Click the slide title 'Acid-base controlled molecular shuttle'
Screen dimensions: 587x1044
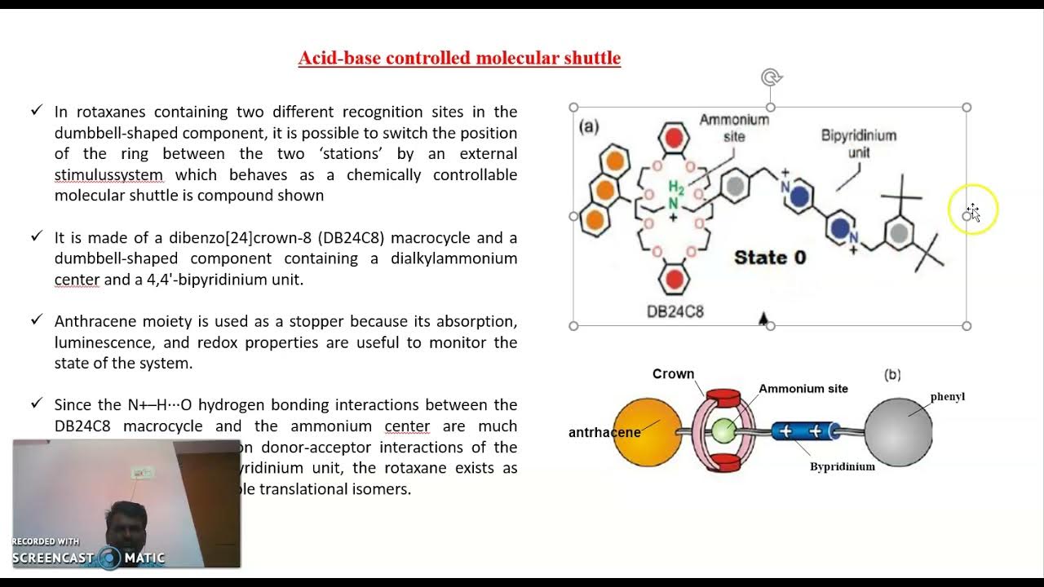[459, 58]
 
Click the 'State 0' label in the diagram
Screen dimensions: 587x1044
[769, 258]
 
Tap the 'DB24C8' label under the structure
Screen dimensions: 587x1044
[675, 311]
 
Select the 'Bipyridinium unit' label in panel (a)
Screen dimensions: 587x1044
[858, 143]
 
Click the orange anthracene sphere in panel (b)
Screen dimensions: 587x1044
[647, 431]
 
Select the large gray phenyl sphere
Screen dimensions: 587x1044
[898, 432]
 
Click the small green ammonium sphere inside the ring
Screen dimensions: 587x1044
[723, 430]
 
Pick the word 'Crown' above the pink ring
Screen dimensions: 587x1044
[673, 374]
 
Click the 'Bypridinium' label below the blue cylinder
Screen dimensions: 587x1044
[843, 466]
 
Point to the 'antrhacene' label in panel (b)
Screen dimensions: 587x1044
[604, 432]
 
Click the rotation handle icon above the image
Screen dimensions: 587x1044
[771, 78]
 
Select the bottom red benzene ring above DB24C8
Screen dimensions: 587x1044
[675, 280]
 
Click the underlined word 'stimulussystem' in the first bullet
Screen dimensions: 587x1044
[108, 174]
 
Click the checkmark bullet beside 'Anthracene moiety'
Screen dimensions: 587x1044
[36, 320]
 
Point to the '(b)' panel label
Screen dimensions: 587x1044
[892, 374]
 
